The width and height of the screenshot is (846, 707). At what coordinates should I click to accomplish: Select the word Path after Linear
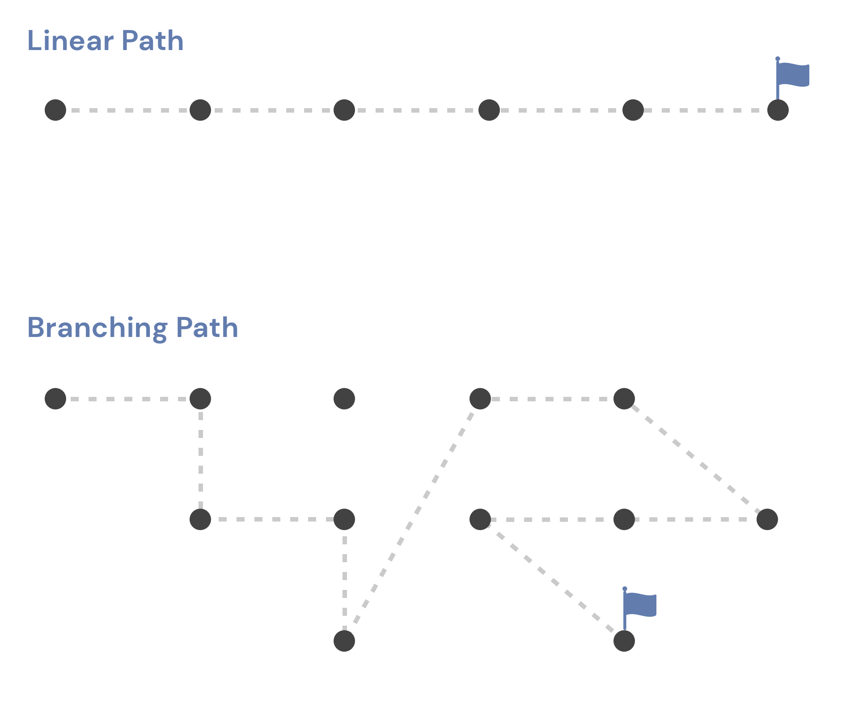tap(152, 41)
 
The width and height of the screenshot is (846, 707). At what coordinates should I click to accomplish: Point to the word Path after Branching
tap(207, 328)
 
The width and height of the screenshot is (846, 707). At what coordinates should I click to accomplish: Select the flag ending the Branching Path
tap(639, 608)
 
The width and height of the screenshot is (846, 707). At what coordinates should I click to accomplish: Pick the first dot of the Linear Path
tap(55, 110)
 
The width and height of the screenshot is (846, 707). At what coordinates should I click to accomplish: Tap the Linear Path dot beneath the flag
tap(778, 110)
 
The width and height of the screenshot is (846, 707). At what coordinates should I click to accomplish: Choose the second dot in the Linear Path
tap(200, 110)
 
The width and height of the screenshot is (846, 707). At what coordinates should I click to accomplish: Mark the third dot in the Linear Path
tap(344, 110)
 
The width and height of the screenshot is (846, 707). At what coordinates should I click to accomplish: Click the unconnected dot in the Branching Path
tap(344, 399)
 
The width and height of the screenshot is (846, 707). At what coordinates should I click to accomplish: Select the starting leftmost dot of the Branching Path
tap(55, 399)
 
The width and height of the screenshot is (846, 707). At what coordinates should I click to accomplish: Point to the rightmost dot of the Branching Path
tap(767, 519)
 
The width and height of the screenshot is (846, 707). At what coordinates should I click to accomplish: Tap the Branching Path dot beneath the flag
tap(624, 641)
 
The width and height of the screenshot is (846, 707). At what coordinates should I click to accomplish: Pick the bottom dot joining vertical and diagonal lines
tap(344, 641)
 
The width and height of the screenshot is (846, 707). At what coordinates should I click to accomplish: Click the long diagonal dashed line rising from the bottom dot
tap(412, 520)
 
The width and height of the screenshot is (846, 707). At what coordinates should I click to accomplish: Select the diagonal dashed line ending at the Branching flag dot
tap(552, 580)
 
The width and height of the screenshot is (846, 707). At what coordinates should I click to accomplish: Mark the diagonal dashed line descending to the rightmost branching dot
tap(696, 459)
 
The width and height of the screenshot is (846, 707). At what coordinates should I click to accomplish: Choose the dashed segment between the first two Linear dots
tap(128, 110)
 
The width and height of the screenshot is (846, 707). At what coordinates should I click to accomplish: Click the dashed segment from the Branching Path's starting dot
tap(128, 399)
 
